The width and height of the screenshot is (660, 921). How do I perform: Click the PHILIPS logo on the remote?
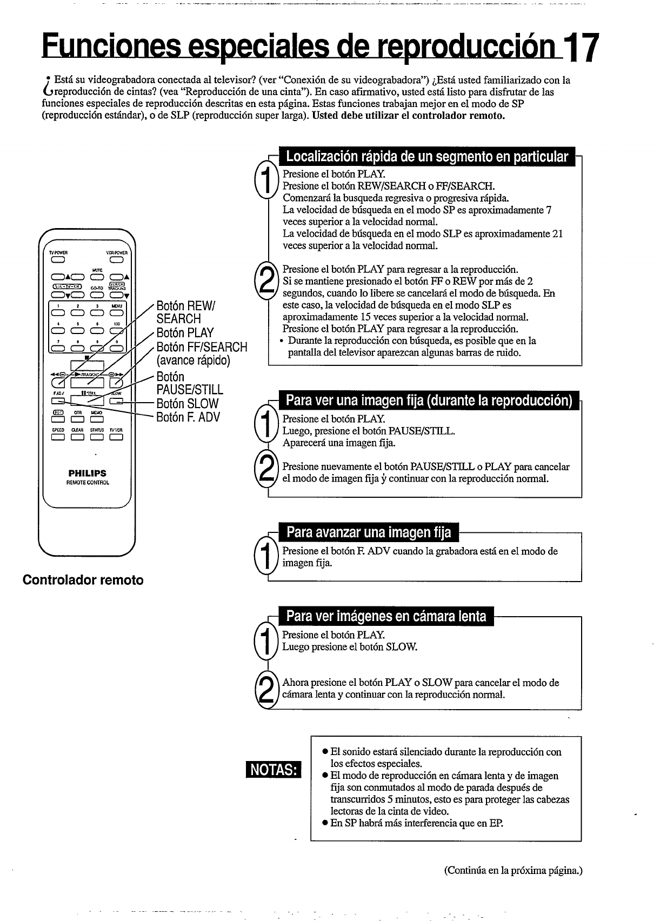tap(87, 473)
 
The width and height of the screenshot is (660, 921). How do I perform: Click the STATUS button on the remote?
tap(97, 438)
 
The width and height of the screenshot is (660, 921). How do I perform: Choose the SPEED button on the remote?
tap(57, 438)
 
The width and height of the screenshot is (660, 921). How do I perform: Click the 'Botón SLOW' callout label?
tap(187, 404)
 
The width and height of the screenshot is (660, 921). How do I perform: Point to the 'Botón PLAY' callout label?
tap(185, 333)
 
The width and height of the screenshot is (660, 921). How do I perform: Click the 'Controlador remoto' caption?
tap(83, 580)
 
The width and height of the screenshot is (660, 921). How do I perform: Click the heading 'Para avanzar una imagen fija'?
tap(369, 532)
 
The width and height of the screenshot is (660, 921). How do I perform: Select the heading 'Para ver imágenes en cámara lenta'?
tap(386, 616)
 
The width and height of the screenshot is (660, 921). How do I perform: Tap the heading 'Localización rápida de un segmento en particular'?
tap(427, 157)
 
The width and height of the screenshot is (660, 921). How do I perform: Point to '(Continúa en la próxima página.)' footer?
tap(513, 871)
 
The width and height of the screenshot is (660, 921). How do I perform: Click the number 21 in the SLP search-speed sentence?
tap(557, 233)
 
